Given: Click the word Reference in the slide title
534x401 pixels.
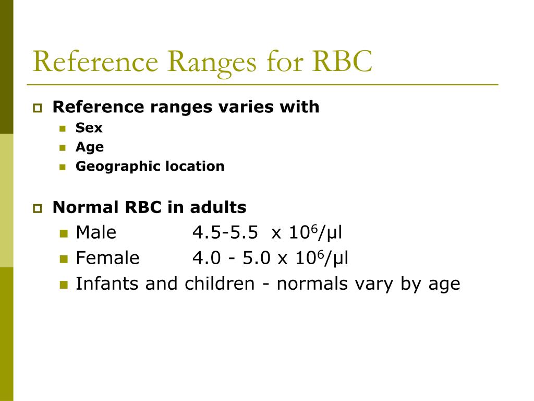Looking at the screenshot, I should (x=95, y=62).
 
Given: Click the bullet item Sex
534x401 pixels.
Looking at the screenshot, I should (x=89, y=128).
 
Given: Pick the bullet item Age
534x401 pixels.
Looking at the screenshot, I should (x=90, y=148).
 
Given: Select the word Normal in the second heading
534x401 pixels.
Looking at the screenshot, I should (x=86, y=207).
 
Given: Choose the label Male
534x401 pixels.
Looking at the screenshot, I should (x=96, y=232).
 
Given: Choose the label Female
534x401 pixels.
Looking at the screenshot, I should (x=107, y=258).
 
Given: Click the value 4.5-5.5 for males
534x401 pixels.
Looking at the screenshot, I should (x=225, y=232).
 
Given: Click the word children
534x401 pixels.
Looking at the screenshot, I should (x=219, y=284).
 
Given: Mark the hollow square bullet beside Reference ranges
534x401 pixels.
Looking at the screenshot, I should (x=38, y=108).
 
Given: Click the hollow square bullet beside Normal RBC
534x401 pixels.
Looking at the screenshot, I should (x=38, y=208).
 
